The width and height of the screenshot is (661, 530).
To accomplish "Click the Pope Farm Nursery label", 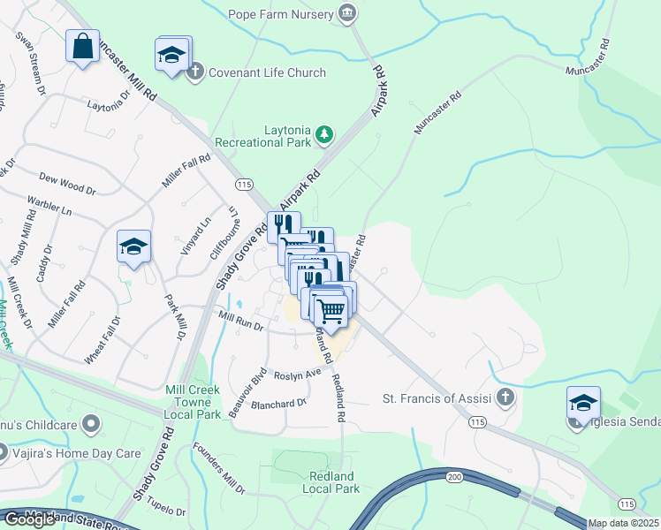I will tap(280, 13).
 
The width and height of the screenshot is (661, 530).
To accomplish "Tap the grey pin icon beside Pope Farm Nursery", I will tap(348, 13).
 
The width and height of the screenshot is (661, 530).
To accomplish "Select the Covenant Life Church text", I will tap(267, 72).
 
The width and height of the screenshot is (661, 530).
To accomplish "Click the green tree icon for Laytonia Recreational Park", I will tap(325, 134).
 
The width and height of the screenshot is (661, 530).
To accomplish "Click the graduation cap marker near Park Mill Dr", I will tap(133, 246).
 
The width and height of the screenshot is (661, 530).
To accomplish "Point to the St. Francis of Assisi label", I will tap(437, 398).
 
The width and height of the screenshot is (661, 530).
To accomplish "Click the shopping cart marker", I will tap(331, 310).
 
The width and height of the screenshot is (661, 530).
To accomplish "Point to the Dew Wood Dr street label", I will tap(67, 184).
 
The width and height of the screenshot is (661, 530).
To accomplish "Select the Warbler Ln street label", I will tap(49, 206).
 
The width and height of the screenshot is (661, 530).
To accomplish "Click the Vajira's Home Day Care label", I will tap(78, 453).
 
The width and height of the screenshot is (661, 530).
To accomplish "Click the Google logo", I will tap(29, 519).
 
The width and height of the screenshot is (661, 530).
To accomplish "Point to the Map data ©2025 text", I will tap(623, 523).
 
